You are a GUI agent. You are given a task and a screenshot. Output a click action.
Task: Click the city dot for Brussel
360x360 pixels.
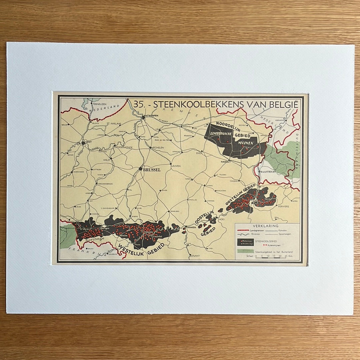141,169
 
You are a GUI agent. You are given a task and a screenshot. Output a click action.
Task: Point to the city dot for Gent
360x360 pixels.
83,143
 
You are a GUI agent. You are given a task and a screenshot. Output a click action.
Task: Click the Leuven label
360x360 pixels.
176,166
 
